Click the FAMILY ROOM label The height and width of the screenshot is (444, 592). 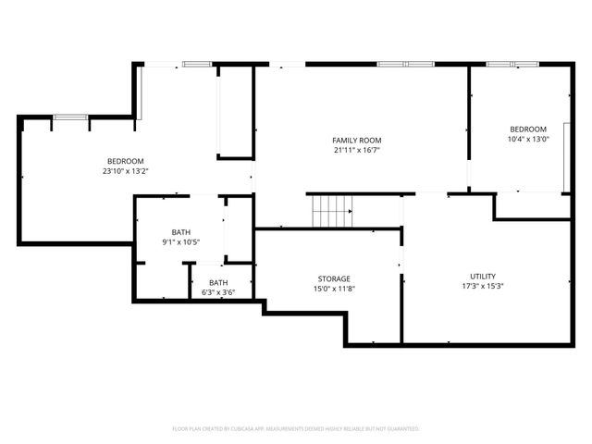[357, 140]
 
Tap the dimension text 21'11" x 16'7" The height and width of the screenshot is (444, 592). [357, 150]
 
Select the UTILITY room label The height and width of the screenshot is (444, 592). [482, 276]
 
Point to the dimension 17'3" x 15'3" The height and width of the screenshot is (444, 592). [482, 286]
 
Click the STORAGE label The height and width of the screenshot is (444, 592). [334, 278]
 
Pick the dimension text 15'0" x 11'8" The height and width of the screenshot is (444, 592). [334, 289]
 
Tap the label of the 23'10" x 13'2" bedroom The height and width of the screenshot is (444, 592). [125, 161]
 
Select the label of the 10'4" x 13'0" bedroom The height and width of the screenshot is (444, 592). [528, 129]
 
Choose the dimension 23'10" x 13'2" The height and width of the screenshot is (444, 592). [125, 171]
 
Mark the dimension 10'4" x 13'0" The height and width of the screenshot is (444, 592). [528, 139]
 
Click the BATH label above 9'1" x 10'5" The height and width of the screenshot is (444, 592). [181, 231]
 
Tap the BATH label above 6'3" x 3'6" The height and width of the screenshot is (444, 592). [218, 282]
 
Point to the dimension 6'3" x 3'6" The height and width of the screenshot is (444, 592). [218, 292]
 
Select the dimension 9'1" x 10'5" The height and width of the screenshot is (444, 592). [181, 241]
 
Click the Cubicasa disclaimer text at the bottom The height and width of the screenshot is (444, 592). [296, 429]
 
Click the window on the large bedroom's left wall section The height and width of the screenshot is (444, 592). [69, 117]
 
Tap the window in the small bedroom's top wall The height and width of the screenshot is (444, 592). [512, 64]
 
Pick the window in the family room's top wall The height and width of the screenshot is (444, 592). [405, 64]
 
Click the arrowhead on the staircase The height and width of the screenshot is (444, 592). [350, 211]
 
